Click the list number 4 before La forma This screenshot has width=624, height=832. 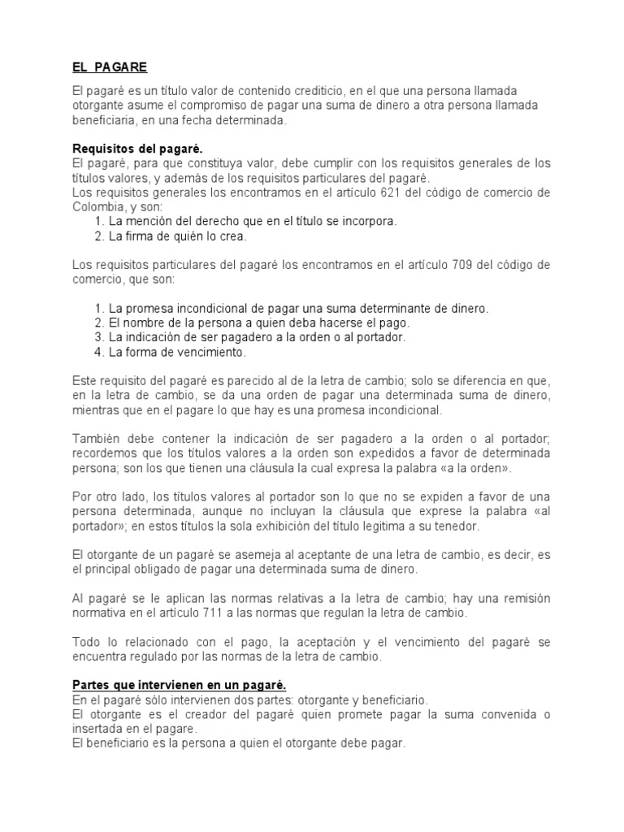pos(99,353)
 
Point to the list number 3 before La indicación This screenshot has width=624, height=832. pos(99,338)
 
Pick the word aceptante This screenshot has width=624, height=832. pos(309,555)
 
